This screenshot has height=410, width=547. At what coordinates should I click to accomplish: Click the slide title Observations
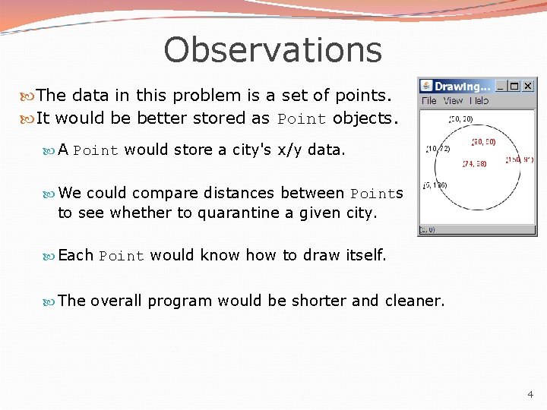[272, 50]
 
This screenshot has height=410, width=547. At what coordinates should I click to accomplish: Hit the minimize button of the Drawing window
[501, 86]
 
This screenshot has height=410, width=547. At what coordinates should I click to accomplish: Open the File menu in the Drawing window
[428, 100]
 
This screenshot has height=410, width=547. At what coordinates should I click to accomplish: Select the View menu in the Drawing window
[453, 100]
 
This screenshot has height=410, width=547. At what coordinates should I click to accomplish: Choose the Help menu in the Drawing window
[479, 100]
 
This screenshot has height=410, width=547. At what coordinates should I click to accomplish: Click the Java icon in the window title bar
[426, 86]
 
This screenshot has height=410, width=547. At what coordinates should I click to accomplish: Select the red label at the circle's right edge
[520, 160]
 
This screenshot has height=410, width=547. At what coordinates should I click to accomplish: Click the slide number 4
[530, 395]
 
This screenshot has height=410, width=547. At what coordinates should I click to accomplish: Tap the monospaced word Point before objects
[301, 119]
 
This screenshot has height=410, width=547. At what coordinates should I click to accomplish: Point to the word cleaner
[415, 301]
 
